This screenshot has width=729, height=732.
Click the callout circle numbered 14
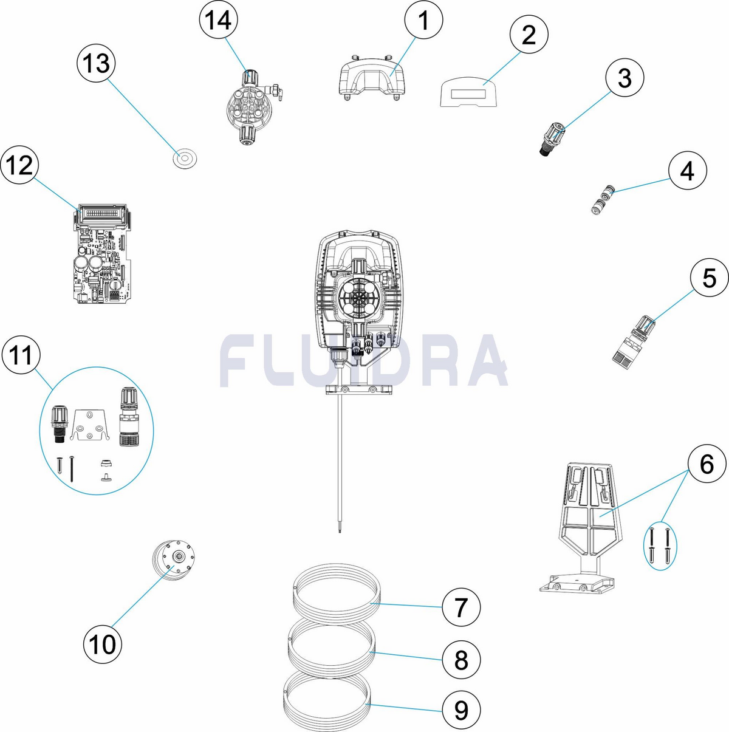219,19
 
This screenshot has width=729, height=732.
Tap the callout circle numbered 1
423,19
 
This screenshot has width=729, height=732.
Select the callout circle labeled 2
529,35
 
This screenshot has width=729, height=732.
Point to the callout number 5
709,278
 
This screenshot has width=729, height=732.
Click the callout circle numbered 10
103,645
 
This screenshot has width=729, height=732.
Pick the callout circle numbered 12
20,165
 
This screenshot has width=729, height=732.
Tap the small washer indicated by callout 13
185,158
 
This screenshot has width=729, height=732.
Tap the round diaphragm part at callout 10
174,561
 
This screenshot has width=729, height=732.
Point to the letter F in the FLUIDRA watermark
241,360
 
